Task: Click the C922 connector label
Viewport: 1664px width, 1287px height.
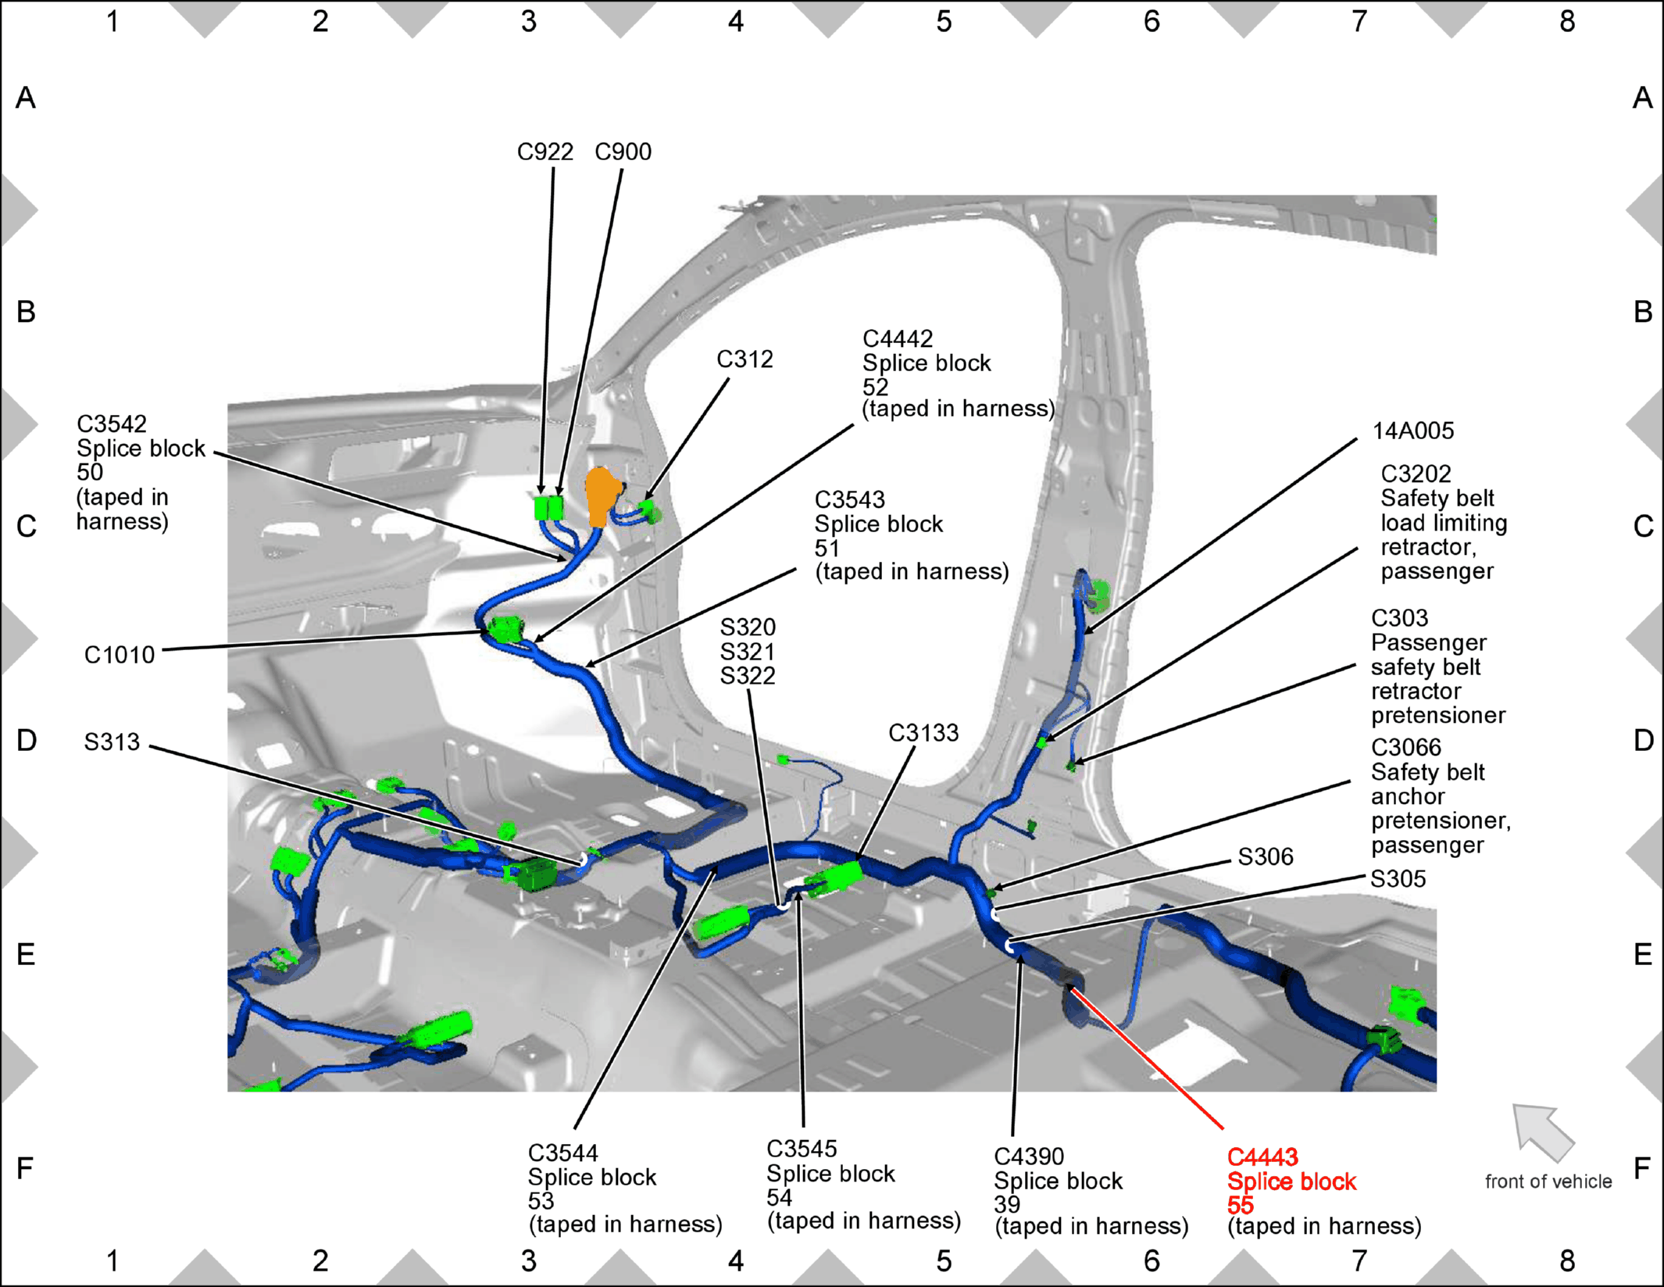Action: [545, 152]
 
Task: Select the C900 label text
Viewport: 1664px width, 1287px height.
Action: [623, 152]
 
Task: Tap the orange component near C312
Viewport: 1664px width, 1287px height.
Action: [603, 496]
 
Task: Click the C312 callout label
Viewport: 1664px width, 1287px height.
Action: [745, 359]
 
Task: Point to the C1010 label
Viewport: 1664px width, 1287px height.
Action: [120, 655]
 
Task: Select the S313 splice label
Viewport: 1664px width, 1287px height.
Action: [112, 742]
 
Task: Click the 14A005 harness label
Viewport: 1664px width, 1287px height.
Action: [1413, 431]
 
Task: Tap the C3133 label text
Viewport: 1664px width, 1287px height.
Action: [923, 733]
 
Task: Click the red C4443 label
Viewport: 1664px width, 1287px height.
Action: [1262, 1157]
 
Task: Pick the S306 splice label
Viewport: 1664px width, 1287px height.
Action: [1266, 857]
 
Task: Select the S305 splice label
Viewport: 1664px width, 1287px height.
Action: [1398, 879]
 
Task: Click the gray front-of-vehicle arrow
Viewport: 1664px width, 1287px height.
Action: [1541, 1131]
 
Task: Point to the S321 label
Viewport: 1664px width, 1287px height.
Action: [748, 652]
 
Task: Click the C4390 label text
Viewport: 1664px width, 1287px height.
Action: [1029, 1157]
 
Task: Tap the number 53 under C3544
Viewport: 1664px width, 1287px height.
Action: [541, 1201]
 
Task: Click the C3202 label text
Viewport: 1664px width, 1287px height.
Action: [1416, 474]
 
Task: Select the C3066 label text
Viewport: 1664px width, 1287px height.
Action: [1406, 748]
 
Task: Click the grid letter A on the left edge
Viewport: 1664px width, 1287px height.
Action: [26, 98]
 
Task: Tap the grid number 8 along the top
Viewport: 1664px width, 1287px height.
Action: [1567, 22]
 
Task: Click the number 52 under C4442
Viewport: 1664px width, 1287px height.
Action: [875, 387]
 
